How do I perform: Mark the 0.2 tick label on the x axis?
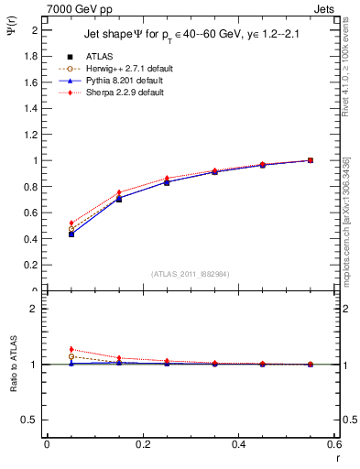point(142,444)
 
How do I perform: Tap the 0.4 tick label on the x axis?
point(238,444)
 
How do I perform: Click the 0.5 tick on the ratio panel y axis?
point(32,420)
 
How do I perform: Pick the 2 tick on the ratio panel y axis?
point(36,309)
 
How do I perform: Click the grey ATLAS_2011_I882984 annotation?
point(191,274)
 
